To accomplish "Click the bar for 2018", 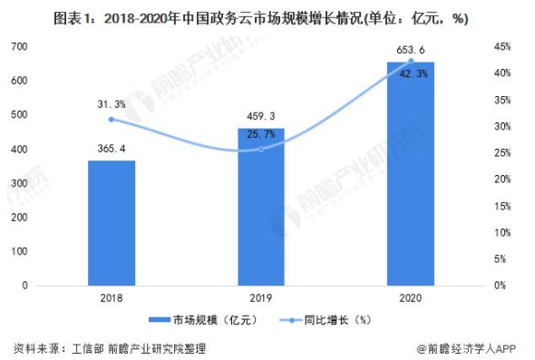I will pos(112,222).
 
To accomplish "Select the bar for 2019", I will pos(260,207).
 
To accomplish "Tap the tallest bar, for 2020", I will pos(410,173).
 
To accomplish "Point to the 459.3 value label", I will pos(260,116).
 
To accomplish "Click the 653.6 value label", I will pos(410,49).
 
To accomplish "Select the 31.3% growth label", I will pos(112,105).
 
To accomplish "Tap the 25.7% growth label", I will pos(260,134).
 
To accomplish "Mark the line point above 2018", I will pos(112,119).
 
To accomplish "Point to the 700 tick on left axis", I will pos(19,46).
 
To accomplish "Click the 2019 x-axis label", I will pos(260,297).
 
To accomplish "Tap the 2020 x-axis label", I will pos(410,297).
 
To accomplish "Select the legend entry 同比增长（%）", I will pos(327,319).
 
